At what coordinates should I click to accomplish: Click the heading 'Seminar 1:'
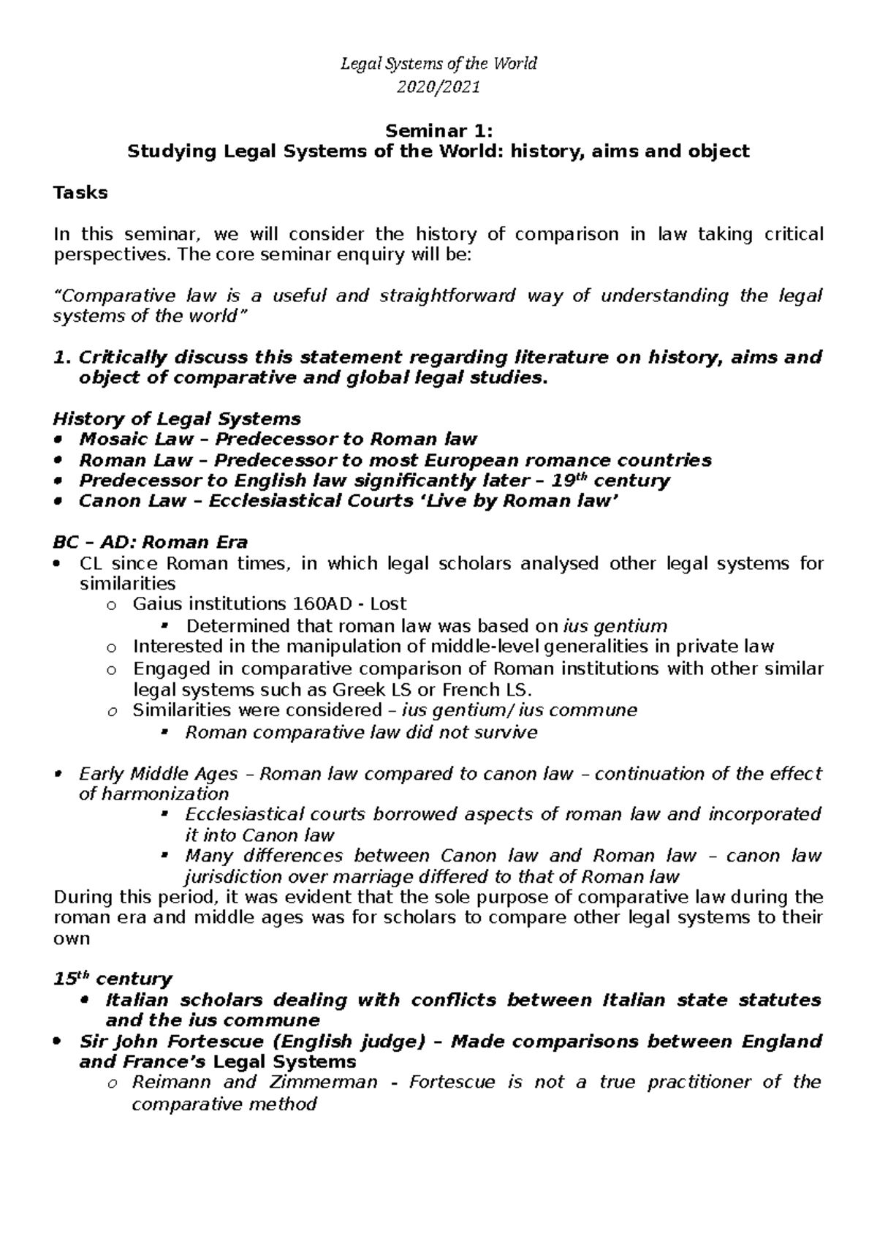[438, 131]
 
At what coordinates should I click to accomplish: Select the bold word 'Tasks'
[80, 193]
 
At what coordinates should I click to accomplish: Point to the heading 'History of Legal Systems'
[177, 419]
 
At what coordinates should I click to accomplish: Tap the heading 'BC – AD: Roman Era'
[150, 543]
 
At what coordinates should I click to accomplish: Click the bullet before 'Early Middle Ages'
[58, 775]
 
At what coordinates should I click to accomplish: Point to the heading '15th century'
[112, 979]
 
